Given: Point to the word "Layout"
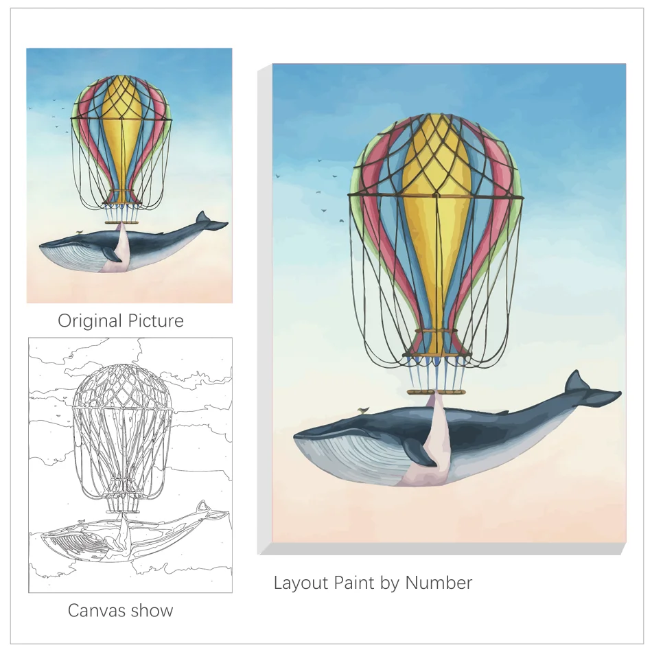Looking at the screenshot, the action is pyautogui.click(x=301, y=583).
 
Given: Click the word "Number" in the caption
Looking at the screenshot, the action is pyautogui.click(x=439, y=583).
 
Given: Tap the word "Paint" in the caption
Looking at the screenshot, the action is pyautogui.click(x=356, y=583).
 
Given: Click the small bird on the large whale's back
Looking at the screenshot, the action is pyautogui.click(x=363, y=410).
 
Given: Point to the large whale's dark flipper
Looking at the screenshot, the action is pyautogui.click(x=418, y=453).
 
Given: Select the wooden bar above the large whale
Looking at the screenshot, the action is pyautogui.click(x=436, y=392).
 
